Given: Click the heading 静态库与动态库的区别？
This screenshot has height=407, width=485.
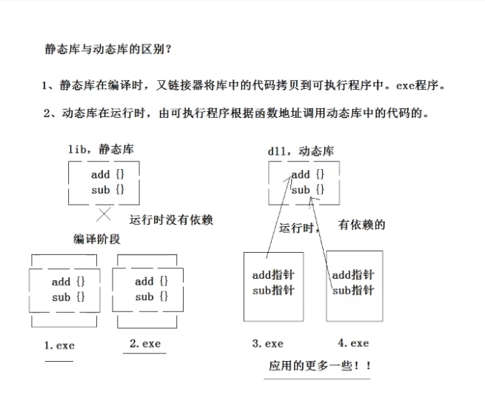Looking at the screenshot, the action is point(108,50).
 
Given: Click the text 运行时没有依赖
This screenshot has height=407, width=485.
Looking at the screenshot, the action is point(171,219).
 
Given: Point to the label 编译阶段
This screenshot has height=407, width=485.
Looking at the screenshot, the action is point(97,239).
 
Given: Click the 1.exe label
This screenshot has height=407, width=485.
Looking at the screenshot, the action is point(60,345).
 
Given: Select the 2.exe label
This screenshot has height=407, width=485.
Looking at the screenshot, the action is point(144,343).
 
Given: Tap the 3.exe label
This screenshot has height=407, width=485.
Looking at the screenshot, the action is point(267,343).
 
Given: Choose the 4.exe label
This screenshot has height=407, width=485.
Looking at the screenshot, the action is point(353,343).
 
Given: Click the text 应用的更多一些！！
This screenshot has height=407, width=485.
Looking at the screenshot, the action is point(319,366).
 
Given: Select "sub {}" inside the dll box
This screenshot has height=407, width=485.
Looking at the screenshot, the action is point(307,190).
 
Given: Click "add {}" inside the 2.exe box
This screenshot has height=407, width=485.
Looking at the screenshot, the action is point(151,282).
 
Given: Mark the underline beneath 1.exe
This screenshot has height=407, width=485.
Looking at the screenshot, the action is point(59,361).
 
